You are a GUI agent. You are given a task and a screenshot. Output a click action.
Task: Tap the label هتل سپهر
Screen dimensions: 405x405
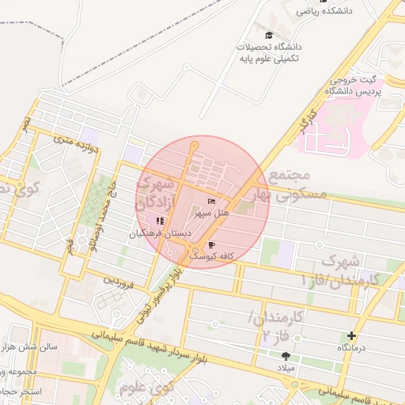coord(213,214)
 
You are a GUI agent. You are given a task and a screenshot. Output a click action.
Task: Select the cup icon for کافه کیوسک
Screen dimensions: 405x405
coord(212,245)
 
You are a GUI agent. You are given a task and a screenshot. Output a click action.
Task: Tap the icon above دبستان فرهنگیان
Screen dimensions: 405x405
coord(160,221)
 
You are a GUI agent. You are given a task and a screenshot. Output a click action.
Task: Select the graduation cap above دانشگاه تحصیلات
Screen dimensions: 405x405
coord(269,36)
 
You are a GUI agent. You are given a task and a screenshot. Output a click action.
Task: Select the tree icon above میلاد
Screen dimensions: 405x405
coord(284,357)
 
